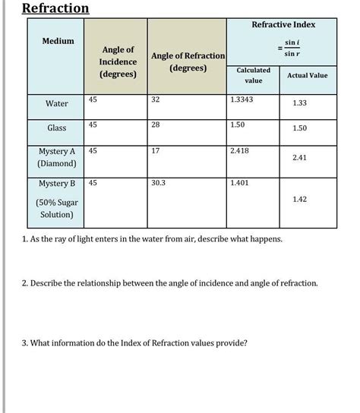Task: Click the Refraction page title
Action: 55,9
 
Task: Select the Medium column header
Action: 58,41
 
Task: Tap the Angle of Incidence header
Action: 118,61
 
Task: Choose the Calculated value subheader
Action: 254,74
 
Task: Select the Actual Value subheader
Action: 307,75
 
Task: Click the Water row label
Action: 57,104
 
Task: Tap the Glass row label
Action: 57,128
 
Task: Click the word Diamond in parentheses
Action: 56,163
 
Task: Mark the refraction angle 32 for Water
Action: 156,99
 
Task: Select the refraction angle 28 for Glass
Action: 156,124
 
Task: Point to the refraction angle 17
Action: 156,150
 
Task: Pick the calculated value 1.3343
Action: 242,99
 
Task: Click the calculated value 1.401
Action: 240,183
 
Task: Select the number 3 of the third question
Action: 24,342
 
